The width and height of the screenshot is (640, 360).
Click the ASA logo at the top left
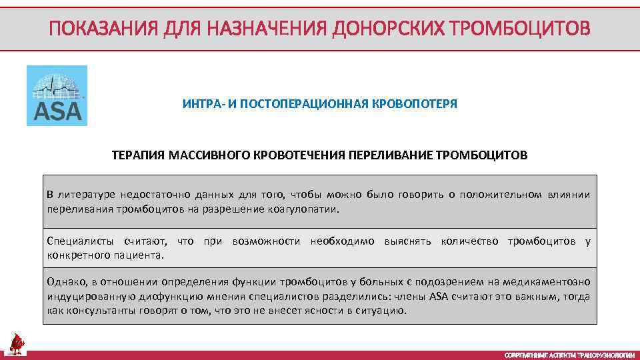point(57,95)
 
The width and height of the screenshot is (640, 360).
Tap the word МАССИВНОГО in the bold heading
point(204,155)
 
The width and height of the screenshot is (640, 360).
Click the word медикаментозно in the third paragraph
point(553,282)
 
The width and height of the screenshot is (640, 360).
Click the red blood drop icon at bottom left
point(17,344)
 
